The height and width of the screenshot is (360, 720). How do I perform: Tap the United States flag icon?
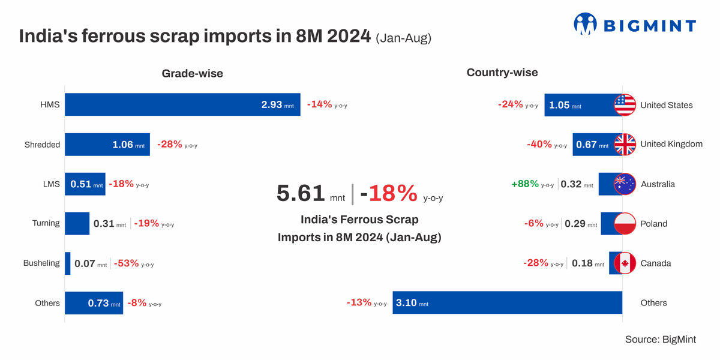click(x=625, y=105)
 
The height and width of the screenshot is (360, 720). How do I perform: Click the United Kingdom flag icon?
click(x=625, y=145)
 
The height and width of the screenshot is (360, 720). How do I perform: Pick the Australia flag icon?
click(x=625, y=184)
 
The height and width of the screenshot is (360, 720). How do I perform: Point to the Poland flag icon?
click(x=625, y=224)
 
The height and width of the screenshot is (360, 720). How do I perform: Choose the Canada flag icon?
click(x=625, y=263)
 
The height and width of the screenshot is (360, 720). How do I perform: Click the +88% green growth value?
click(x=525, y=184)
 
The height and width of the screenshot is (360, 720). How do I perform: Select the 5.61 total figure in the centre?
click(x=301, y=193)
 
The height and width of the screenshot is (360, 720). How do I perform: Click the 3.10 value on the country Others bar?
click(x=406, y=303)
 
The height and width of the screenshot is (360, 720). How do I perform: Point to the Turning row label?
click(x=46, y=223)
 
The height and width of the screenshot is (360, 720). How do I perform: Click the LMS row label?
click(x=51, y=184)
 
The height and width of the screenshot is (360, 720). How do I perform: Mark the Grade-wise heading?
click(x=192, y=74)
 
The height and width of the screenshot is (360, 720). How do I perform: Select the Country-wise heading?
click(x=502, y=73)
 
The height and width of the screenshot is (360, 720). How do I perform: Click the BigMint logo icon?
click(x=585, y=24)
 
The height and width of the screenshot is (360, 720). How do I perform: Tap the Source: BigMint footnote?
click(x=660, y=340)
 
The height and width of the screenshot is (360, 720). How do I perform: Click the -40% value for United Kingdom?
click(x=539, y=145)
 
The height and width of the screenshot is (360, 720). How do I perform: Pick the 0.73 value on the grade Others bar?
click(x=98, y=303)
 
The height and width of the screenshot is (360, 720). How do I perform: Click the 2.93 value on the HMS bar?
click(x=271, y=104)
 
